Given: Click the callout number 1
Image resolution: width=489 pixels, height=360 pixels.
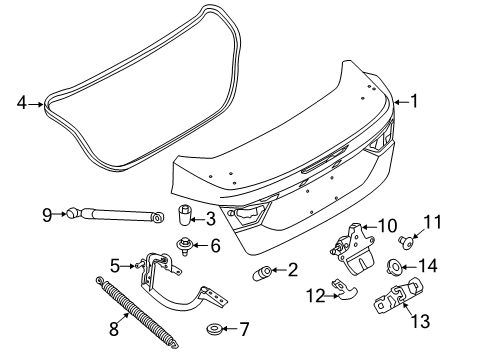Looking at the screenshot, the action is (414, 101).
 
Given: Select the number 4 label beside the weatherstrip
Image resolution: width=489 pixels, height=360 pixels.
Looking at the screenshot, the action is (22, 102).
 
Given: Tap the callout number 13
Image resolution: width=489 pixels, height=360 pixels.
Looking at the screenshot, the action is (420, 321).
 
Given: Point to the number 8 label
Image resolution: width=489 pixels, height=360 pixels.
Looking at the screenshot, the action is (114, 329).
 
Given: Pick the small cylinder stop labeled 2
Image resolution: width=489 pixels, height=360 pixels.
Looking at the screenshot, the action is (264, 273).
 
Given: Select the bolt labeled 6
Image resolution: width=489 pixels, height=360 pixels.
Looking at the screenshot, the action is (183, 246).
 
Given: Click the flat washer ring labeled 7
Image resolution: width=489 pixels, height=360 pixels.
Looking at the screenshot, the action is (214, 329).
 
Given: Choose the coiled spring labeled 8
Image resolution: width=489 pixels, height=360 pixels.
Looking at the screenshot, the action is (138, 312).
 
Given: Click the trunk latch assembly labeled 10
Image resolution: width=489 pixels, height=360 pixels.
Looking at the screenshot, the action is (353, 249).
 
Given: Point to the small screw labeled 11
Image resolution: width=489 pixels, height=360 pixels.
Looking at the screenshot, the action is (406, 241).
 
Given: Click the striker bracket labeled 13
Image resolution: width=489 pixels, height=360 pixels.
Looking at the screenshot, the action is (398, 296).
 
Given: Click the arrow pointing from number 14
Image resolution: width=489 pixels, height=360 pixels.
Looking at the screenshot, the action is (409, 267).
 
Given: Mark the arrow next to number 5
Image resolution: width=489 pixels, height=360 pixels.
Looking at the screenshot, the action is (126, 266).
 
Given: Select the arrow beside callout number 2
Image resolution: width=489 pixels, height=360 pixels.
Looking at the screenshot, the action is (279, 270).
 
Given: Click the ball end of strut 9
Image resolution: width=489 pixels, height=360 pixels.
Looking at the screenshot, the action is (72, 213).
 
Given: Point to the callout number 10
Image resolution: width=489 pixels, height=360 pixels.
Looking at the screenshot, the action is (387, 226).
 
